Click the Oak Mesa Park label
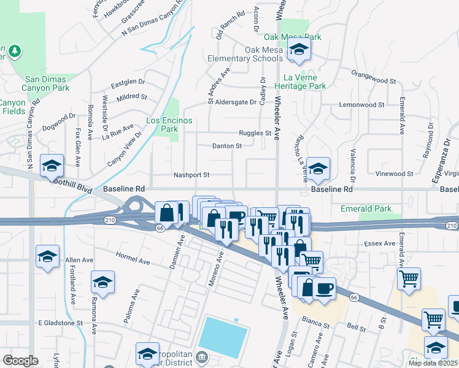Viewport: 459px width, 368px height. point(300,37)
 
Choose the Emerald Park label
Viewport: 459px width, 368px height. point(366,209)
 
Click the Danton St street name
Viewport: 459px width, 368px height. point(227,146)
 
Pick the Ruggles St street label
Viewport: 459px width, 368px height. point(255,133)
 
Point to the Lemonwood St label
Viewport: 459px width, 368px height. point(361,105)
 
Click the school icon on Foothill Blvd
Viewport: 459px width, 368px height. point(52,165)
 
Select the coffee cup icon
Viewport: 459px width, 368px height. point(324,288)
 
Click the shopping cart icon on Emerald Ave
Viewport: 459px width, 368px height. point(409,278)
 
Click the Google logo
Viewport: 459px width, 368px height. point(20,360)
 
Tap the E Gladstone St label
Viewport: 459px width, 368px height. point(60,323)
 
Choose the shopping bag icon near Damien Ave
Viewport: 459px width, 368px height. point(167,213)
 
